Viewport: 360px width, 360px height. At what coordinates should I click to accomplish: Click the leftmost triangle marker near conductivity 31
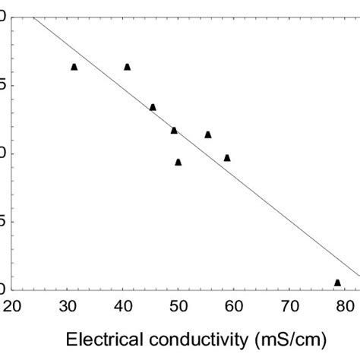point(74,67)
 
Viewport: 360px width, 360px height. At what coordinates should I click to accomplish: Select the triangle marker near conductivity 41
point(127,67)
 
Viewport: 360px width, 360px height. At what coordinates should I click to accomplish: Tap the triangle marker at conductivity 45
point(153,107)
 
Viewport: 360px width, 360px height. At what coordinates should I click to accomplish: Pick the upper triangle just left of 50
point(174,131)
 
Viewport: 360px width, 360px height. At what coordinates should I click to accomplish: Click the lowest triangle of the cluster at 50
point(178,162)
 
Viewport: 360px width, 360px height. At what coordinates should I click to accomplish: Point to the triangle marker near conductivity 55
point(208,134)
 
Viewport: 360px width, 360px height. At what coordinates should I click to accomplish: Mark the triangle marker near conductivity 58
point(227,158)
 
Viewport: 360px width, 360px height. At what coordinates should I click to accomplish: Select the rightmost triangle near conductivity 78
point(337,283)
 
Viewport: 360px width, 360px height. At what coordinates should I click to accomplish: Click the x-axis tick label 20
point(13,306)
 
